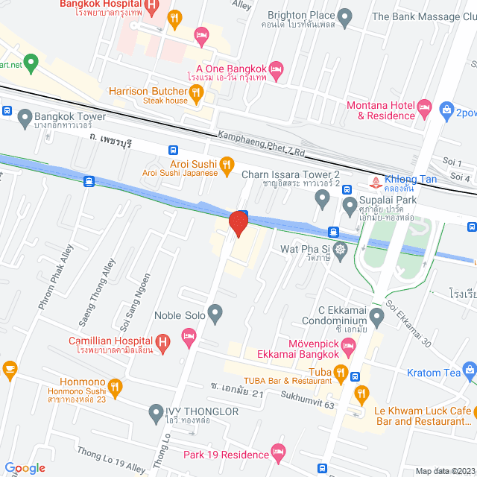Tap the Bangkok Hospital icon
[x=151, y=7]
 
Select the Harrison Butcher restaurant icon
[x=197, y=92]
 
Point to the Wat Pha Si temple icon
[x=341, y=249]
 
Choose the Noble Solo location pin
[x=215, y=315]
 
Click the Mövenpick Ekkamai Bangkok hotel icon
[x=351, y=347]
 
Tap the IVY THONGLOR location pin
[x=156, y=411]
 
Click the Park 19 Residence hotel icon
[x=279, y=452]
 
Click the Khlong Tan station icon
[x=374, y=180]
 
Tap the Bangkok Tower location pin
[x=25, y=117]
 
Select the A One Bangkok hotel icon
[x=276, y=69]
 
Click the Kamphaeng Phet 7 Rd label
[x=262, y=143]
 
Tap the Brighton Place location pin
[x=344, y=16]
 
